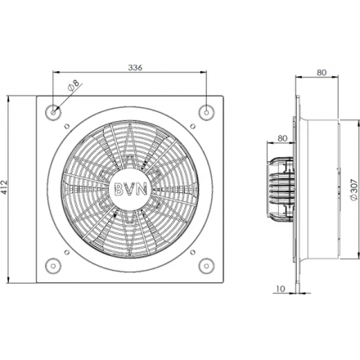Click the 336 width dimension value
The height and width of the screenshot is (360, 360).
135,67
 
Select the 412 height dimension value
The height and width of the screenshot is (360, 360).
4,187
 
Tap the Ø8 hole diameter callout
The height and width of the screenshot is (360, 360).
73,85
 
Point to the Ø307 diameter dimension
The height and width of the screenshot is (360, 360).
353,190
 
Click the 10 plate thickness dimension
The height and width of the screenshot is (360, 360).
281,288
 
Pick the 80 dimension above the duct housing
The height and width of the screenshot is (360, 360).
322,72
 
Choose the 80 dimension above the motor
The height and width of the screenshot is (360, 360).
282,138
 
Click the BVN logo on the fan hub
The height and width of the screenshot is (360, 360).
131,189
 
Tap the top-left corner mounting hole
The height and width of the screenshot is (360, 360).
53,112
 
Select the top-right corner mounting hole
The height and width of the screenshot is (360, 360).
206,112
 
